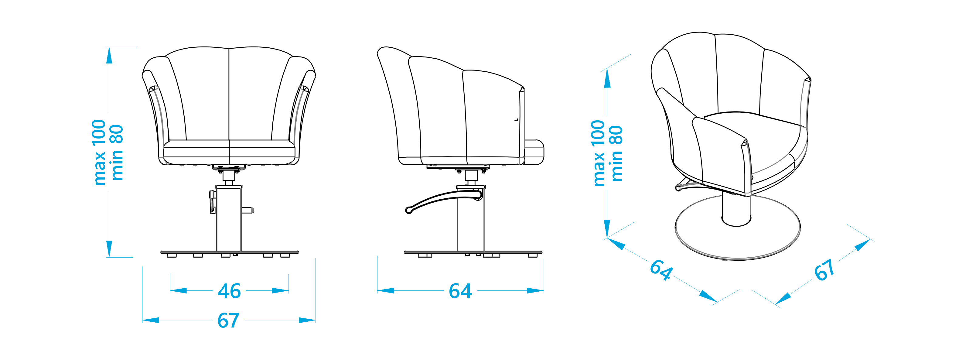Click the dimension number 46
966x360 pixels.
[x=229, y=291]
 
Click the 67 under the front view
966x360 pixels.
[x=228, y=321]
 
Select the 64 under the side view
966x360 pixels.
[x=460, y=291]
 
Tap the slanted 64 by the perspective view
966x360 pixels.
[x=661, y=270]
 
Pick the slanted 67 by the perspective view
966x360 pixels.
[x=824, y=270]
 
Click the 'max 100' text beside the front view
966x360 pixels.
[x=99, y=152]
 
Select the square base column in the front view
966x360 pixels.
[x=229, y=219]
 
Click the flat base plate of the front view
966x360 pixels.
[x=230, y=252]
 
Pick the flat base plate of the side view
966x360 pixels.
[x=473, y=252]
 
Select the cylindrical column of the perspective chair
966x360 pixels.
[x=736, y=210]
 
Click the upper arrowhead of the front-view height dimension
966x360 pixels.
[x=109, y=56]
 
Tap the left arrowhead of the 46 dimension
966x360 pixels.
[x=178, y=291]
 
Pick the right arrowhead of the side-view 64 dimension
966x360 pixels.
[x=535, y=291]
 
